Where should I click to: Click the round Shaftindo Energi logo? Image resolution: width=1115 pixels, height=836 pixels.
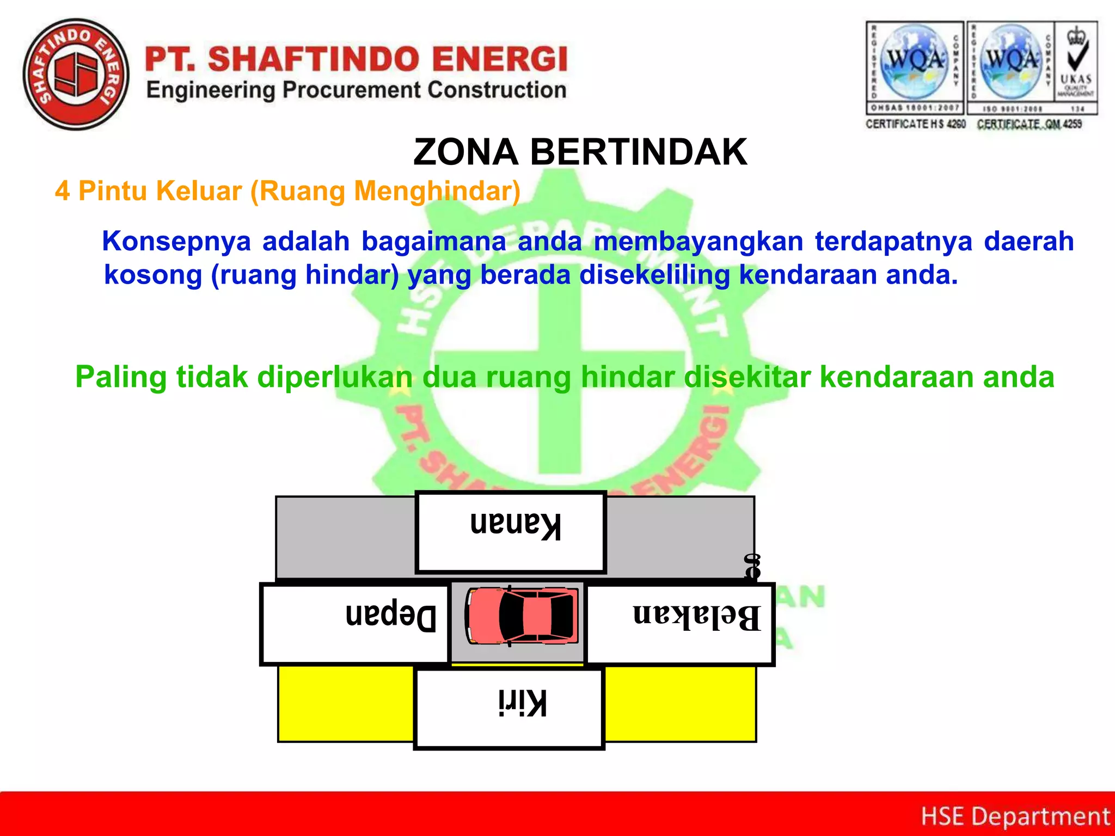click(76, 75)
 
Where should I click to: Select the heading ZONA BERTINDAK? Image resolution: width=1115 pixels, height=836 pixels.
click(580, 152)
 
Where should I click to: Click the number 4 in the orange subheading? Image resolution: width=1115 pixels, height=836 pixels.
click(62, 192)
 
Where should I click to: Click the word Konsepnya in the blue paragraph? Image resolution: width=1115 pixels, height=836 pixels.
click(176, 241)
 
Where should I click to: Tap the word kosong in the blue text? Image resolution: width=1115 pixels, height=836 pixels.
click(153, 275)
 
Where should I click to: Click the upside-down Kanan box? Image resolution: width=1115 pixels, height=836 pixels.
click(511, 532)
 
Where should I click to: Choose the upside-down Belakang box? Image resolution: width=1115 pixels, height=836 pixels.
click(679, 624)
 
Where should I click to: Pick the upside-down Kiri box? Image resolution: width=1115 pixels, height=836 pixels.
click(509, 709)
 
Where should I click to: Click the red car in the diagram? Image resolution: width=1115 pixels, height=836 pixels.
click(522, 616)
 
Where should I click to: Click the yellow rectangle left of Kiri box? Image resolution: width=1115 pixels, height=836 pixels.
click(346, 703)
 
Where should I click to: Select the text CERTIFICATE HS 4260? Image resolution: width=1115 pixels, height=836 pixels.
click(915, 124)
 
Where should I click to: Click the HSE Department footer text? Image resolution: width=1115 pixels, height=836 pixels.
click(1015, 816)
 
